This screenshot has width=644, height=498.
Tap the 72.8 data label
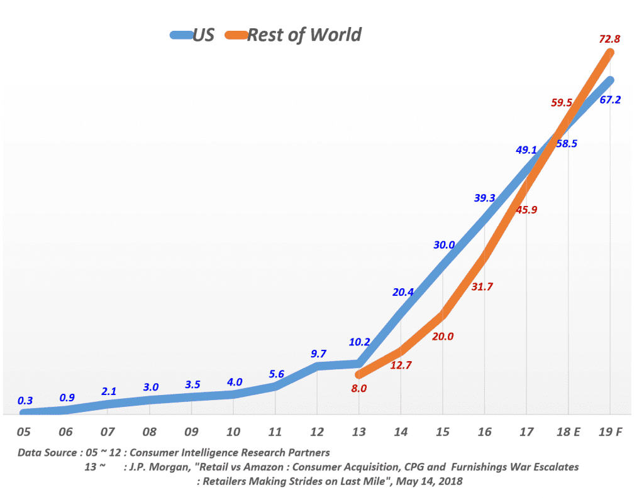pyautogui.click(x=609, y=39)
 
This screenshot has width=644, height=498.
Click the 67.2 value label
pyautogui.click(x=610, y=99)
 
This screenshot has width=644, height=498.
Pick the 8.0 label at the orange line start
pyautogui.click(x=358, y=388)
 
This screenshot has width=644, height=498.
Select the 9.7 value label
pyautogui.click(x=318, y=354)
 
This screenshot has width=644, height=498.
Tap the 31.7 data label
pyautogui.click(x=482, y=286)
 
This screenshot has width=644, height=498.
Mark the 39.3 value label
pyautogui.click(x=484, y=198)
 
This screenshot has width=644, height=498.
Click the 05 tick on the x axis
pyautogui.click(x=24, y=433)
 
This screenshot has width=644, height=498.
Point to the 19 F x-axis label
pyautogui.click(x=610, y=433)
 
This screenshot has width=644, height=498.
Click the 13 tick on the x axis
pyautogui.click(x=359, y=433)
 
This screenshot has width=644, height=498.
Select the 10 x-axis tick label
pyautogui.click(x=233, y=433)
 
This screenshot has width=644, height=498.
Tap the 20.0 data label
pyautogui.click(x=443, y=336)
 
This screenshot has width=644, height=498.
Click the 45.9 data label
pyautogui.click(x=526, y=210)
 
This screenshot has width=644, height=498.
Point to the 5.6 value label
pyautogui.click(x=276, y=374)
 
